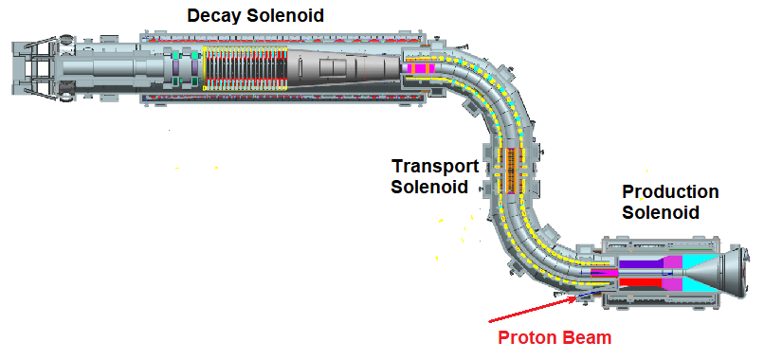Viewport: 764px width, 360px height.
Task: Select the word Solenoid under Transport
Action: (429, 187)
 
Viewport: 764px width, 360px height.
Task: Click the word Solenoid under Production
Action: (661, 212)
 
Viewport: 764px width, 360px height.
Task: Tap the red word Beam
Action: (591, 337)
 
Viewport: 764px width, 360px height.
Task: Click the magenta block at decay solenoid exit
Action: (418, 69)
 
